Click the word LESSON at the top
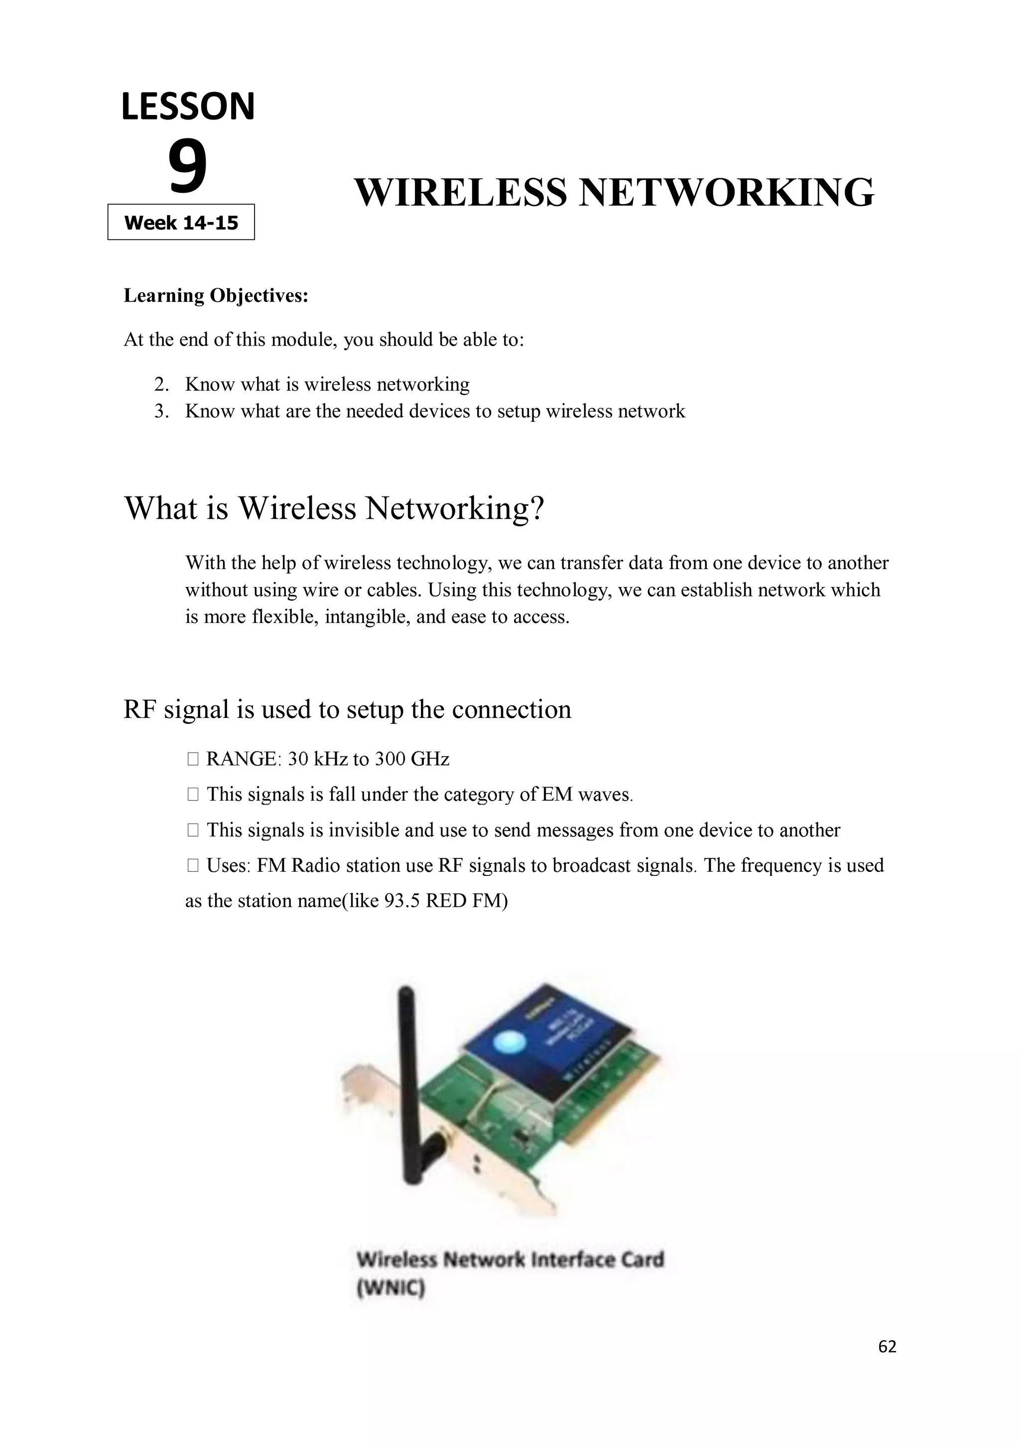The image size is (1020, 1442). point(188,107)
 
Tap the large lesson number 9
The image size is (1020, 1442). point(187,167)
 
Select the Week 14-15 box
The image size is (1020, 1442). point(181,223)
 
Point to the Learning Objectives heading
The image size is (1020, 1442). point(216,295)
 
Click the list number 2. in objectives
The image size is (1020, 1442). point(162,384)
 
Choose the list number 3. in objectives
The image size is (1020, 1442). point(162,411)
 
